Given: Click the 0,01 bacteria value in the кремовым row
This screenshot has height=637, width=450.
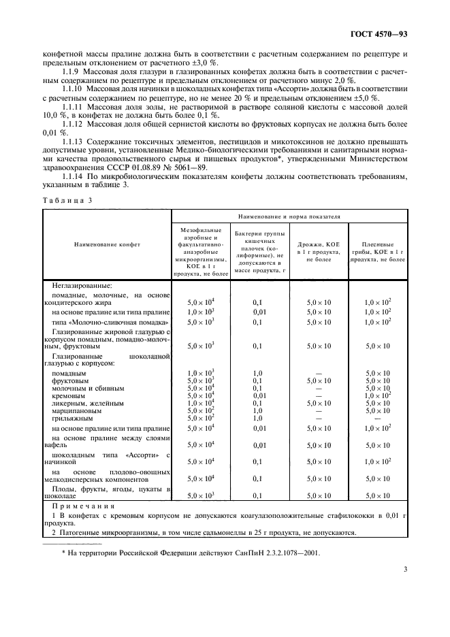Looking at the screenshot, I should click(259, 395).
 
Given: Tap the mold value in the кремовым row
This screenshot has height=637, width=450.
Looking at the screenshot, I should click(377, 395).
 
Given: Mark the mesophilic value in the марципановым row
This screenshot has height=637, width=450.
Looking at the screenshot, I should click(201, 410).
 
